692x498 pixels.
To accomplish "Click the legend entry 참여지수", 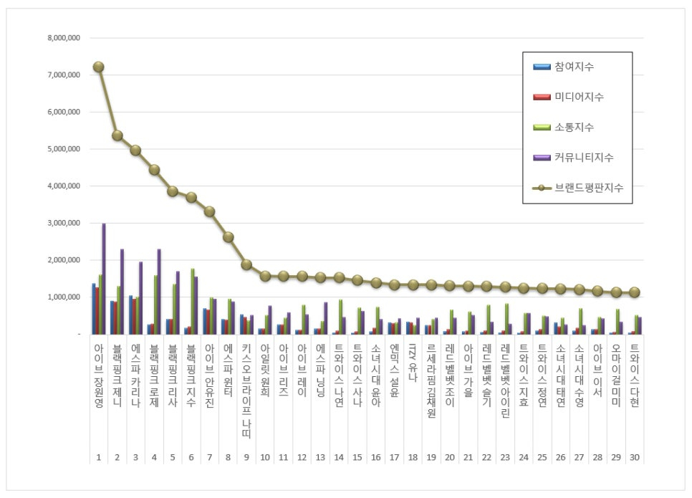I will click(574, 67).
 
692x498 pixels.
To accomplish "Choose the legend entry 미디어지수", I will click(579, 97).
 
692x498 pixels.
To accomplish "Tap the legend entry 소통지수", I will click(574, 127).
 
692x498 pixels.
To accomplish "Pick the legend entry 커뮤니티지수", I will click(583, 157).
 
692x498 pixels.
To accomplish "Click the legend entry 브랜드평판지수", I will click(588, 187).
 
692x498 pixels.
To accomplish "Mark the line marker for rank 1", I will click(98, 67).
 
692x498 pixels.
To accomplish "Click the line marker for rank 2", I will click(117, 135).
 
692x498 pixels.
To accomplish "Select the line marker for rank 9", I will click(246, 264).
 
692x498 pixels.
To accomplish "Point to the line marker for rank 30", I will click(635, 292).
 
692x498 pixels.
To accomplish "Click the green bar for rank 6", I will click(193, 301).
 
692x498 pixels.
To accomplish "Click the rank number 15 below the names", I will click(357, 456).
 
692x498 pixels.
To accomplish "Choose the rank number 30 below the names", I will click(635, 456).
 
